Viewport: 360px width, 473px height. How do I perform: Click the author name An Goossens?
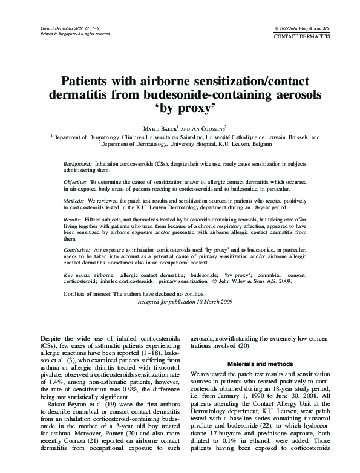tap(205, 129)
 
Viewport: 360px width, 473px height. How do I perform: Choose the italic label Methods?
tap(74, 200)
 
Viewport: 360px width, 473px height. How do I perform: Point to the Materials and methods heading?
tap(260, 364)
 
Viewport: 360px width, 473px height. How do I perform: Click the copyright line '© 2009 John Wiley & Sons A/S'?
tap(302, 28)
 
